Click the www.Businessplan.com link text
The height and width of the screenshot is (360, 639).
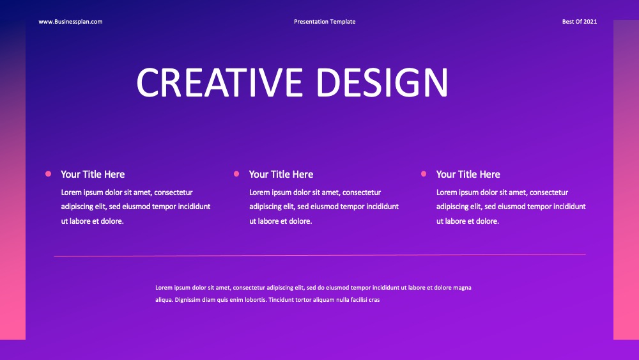click(70, 22)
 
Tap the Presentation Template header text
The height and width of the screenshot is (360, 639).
click(325, 22)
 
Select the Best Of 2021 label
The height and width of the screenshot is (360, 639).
click(580, 22)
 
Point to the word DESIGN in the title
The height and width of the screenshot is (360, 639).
click(382, 82)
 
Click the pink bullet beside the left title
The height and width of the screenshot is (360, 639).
click(48, 174)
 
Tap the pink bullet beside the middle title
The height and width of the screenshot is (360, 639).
click(236, 174)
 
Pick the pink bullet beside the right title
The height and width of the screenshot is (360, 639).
click(424, 174)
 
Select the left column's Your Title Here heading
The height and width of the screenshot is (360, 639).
click(93, 175)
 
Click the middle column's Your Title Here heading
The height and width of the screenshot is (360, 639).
click(281, 175)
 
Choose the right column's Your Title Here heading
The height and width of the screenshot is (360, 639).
click(468, 175)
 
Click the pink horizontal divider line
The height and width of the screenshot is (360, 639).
click(320, 255)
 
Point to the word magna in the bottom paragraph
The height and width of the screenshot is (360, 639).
click(463, 288)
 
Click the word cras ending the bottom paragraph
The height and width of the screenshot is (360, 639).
click(374, 300)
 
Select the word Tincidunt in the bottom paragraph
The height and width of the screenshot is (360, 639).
click(281, 300)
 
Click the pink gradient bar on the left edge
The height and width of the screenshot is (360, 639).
click(13, 180)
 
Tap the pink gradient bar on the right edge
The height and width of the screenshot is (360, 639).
click(626, 180)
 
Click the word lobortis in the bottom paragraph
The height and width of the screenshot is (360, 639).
click(255, 300)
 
